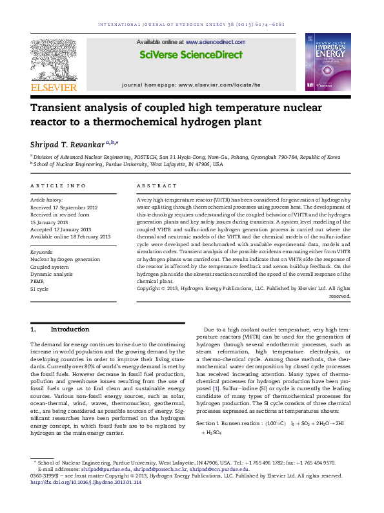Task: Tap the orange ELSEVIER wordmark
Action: click(x=54, y=87)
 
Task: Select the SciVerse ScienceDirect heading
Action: click(x=191, y=55)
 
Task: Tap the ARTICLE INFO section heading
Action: click(x=58, y=185)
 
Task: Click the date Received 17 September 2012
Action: click(x=64, y=207)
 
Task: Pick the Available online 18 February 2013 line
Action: click(x=71, y=236)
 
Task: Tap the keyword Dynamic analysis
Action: click(x=52, y=274)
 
